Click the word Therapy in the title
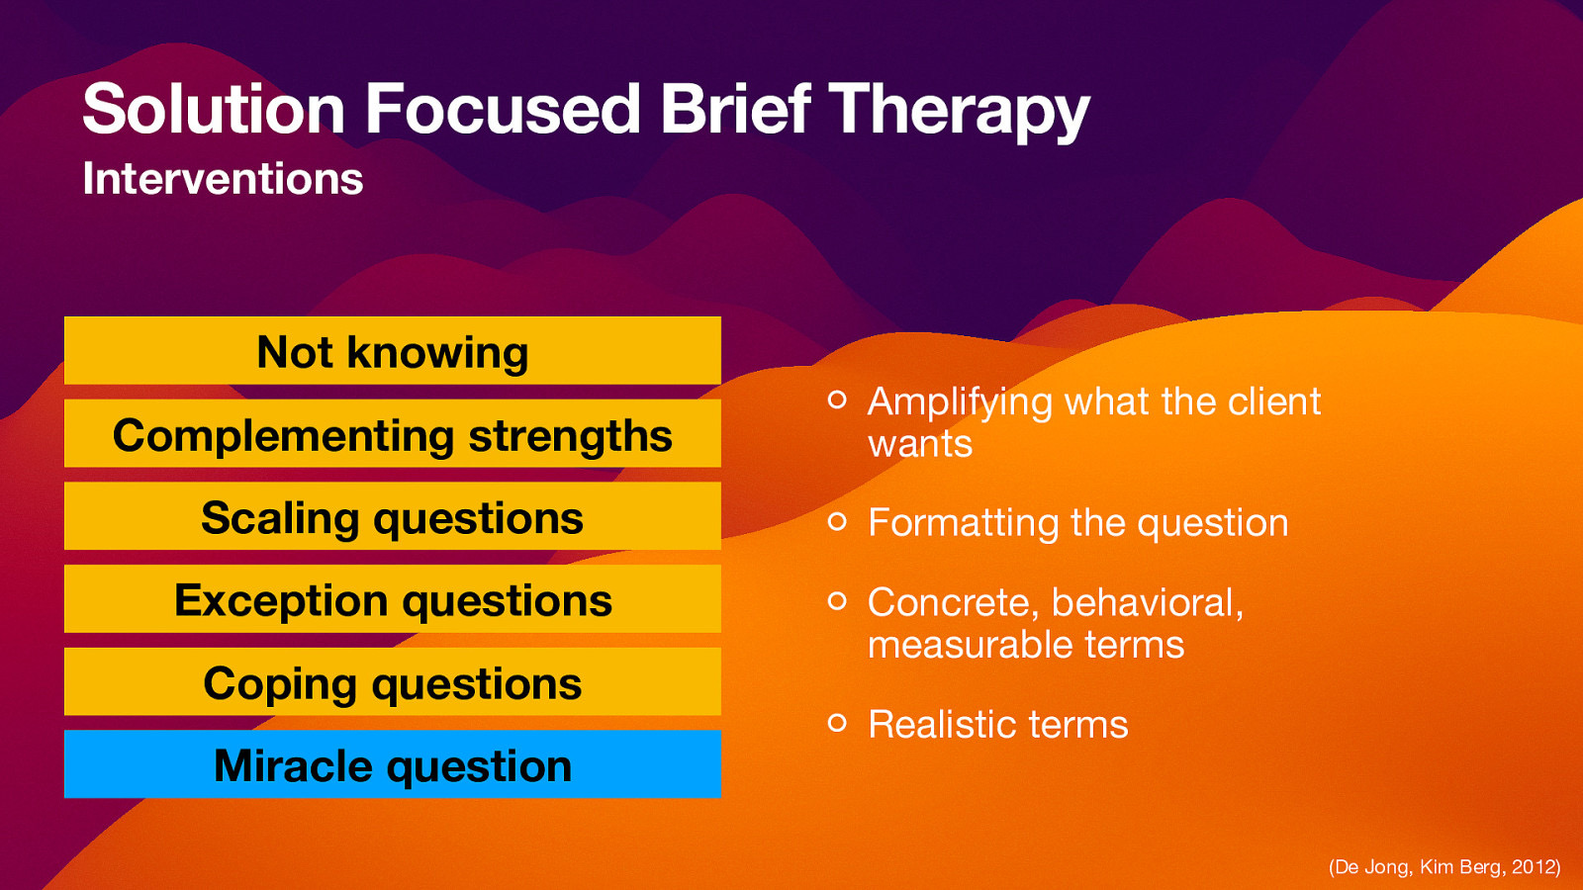tap(958, 109)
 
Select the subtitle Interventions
tap(223, 179)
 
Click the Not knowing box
tap(393, 351)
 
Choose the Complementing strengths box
tap(393, 434)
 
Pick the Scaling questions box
tap(393, 516)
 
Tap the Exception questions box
tap(393, 599)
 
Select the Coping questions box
tap(393, 682)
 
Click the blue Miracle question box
tap(393, 764)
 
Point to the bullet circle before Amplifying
tap(837, 400)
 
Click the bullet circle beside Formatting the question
tap(837, 521)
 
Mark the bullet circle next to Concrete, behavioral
tap(837, 600)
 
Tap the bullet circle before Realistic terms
tap(837, 723)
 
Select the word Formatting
tap(962, 523)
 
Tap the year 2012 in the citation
tap(1534, 867)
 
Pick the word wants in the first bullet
tap(920, 445)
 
